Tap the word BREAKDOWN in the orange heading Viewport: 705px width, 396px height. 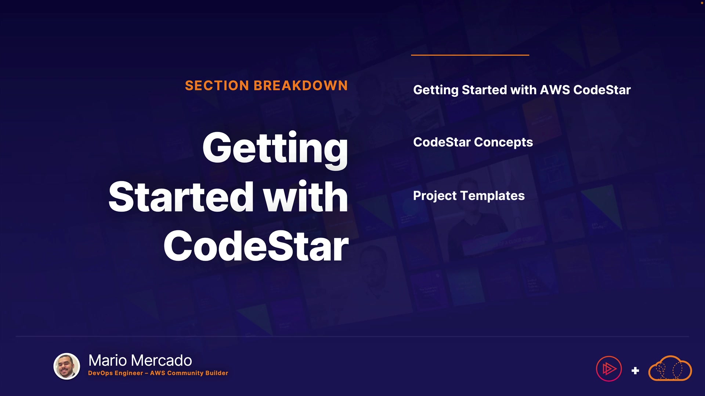click(300, 85)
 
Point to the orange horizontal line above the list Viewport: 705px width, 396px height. click(470, 55)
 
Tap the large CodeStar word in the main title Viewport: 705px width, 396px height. click(256, 246)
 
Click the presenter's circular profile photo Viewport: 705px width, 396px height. click(67, 366)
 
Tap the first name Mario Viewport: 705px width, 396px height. click(108, 360)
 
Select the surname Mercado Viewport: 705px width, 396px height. click(162, 360)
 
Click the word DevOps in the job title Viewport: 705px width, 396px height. click(100, 373)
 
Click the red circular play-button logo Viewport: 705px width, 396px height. click(609, 368)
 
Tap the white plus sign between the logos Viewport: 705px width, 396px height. click(635, 371)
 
